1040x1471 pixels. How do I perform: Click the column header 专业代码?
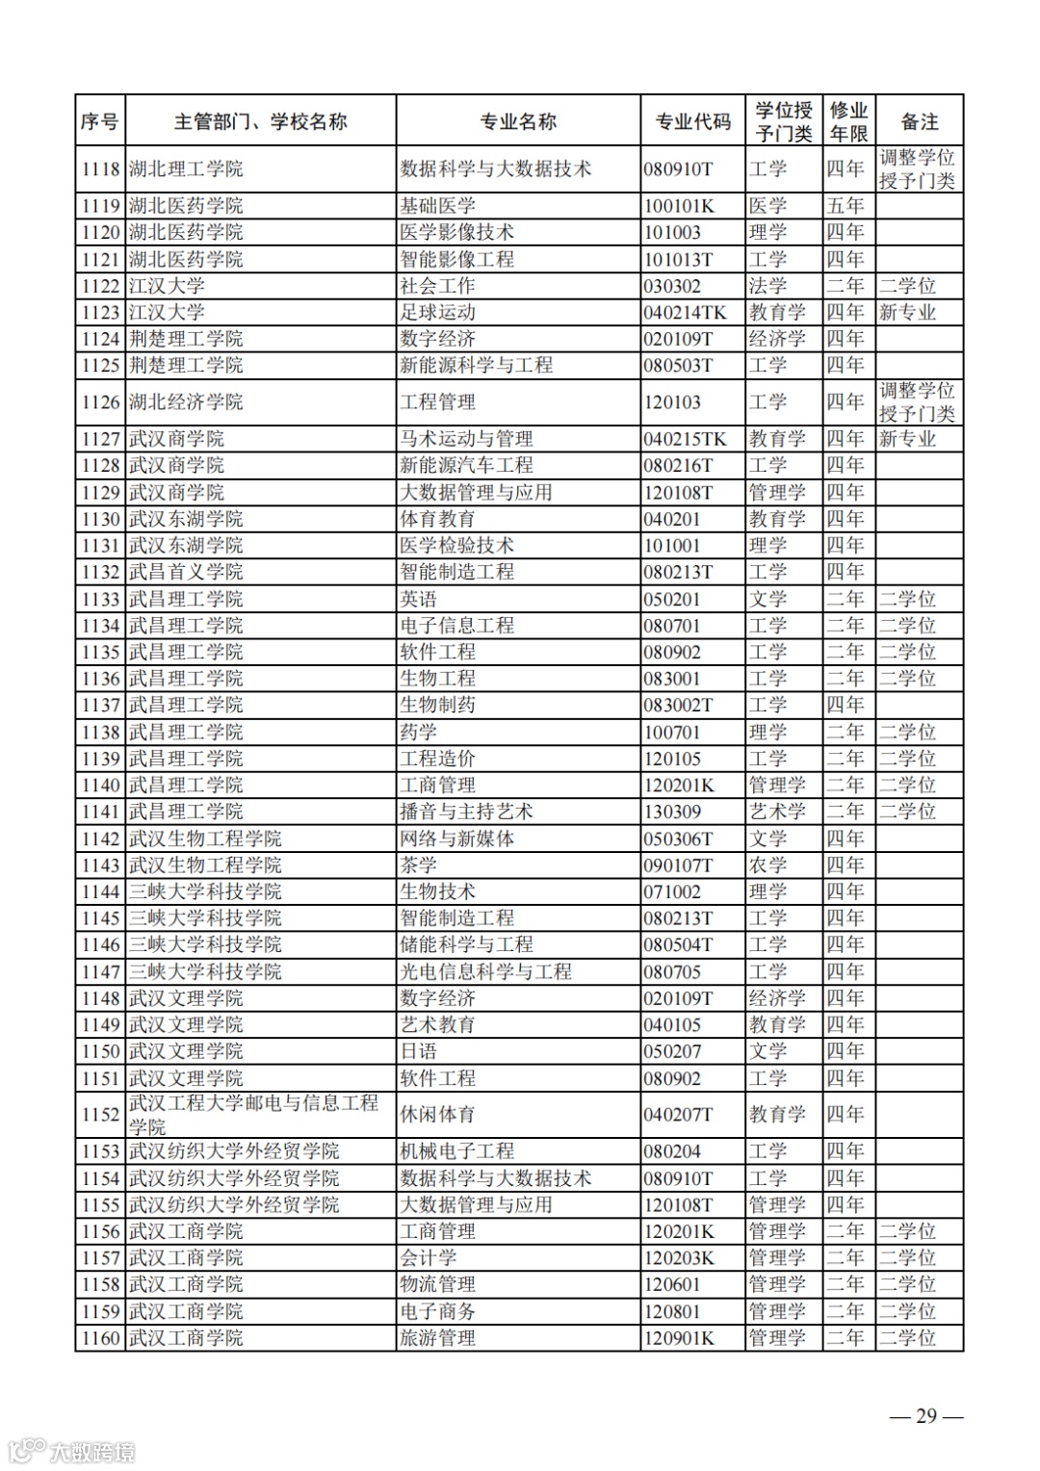tap(692, 121)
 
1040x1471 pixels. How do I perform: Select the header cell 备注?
tap(919, 121)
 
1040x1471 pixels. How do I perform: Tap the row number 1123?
tap(100, 312)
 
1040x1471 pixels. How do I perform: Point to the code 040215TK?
tap(686, 439)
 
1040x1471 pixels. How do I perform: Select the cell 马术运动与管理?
tap(466, 439)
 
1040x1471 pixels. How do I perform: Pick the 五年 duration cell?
tap(845, 206)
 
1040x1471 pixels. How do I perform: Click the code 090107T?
tap(679, 865)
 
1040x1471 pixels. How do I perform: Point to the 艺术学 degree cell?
tap(777, 812)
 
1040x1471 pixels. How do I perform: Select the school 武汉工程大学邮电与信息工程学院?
tap(253, 1114)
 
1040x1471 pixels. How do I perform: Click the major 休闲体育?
tap(437, 1115)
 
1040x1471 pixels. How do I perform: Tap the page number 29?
tap(925, 1415)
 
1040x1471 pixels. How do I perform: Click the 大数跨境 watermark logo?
tap(72, 1450)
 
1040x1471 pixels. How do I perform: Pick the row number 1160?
tap(100, 1338)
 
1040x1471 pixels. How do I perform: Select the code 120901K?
tap(680, 1338)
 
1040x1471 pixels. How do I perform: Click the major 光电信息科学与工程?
tap(485, 972)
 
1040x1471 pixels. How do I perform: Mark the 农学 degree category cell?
tap(768, 865)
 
